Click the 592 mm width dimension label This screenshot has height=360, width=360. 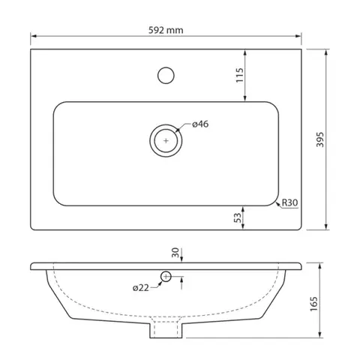pyautogui.click(x=166, y=30)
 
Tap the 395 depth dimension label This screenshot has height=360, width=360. pyautogui.click(x=320, y=139)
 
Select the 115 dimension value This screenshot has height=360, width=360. pyautogui.click(x=239, y=75)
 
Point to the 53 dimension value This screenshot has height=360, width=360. pyautogui.click(x=238, y=217)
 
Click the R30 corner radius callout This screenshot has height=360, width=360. pyautogui.click(x=290, y=202)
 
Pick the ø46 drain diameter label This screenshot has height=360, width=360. pyautogui.click(x=200, y=124)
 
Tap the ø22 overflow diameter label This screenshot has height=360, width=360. pyautogui.click(x=141, y=288)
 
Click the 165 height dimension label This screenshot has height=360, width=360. pyautogui.click(x=313, y=304)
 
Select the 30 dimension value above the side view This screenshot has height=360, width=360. pyautogui.click(x=175, y=253)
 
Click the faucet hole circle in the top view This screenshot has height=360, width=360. pyautogui.click(x=166, y=67)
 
